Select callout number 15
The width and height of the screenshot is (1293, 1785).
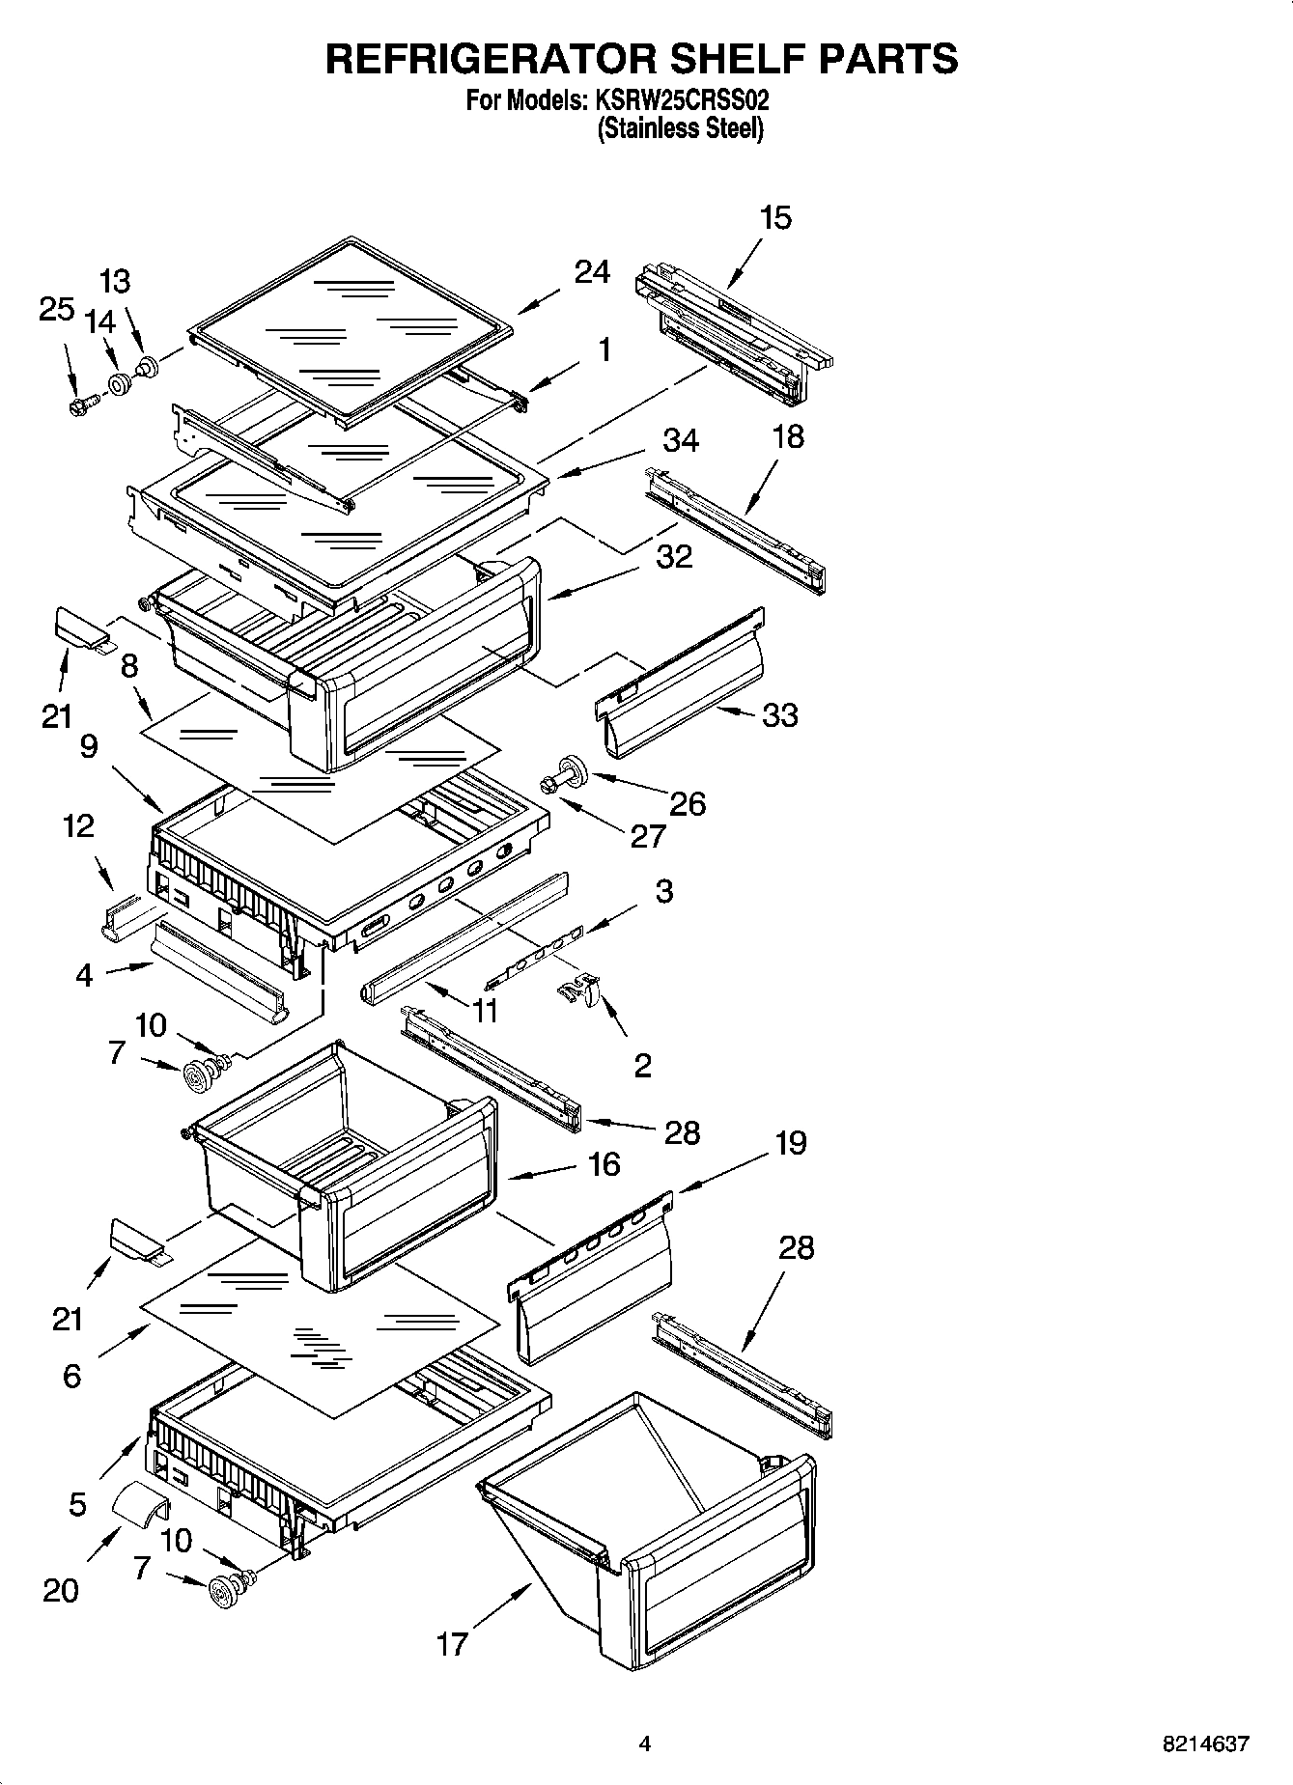pyautogui.click(x=774, y=218)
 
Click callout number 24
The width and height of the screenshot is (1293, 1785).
pyautogui.click(x=592, y=273)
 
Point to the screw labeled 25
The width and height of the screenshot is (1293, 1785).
pyautogui.click(x=82, y=404)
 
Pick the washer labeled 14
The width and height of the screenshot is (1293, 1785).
pyautogui.click(x=120, y=384)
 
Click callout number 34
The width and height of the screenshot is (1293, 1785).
pyautogui.click(x=681, y=440)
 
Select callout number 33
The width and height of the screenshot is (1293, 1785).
pyautogui.click(x=780, y=715)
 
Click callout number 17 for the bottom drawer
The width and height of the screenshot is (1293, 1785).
pyautogui.click(x=452, y=1643)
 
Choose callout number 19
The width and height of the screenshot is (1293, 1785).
pyautogui.click(x=790, y=1143)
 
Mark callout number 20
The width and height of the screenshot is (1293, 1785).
pyautogui.click(x=60, y=1589)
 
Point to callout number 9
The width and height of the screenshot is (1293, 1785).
pyautogui.click(x=89, y=746)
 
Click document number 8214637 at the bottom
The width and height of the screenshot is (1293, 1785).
pyautogui.click(x=1206, y=1744)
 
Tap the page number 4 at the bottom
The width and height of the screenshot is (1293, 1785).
pyautogui.click(x=645, y=1743)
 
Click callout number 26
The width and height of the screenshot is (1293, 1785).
pyautogui.click(x=688, y=803)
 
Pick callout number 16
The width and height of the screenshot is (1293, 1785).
pyautogui.click(x=604, y=1164)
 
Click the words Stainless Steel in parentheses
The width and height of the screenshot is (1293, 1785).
pyautogui.click(x=681, y=128)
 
